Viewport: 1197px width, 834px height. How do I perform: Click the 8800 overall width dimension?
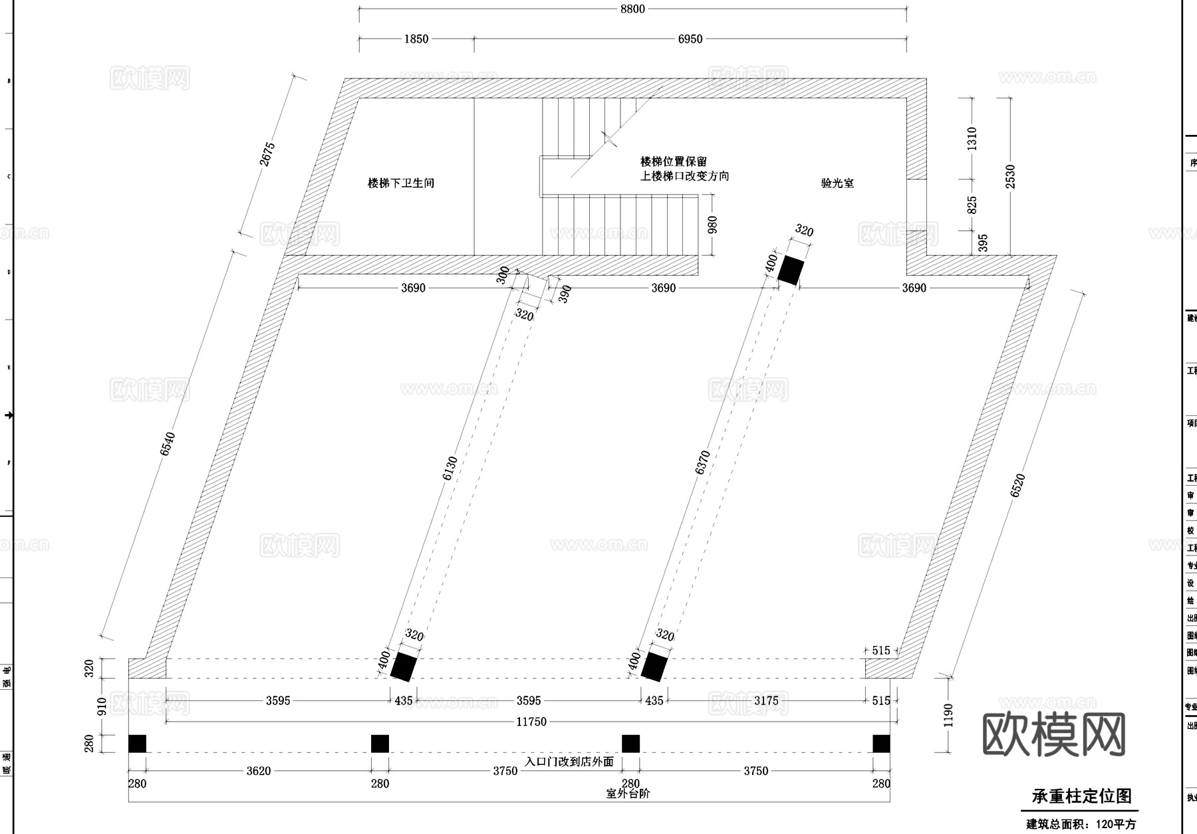632,9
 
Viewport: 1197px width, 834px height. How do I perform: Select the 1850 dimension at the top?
416,39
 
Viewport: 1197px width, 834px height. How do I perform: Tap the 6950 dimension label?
690,39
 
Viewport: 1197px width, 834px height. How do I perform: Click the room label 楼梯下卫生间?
401,183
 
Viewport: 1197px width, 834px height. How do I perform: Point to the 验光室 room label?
837,183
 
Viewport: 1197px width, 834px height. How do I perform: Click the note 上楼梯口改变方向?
684,176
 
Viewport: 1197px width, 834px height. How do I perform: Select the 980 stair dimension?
713,225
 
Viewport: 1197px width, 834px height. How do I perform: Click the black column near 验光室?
791,270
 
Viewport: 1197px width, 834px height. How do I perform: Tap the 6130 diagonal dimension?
450,469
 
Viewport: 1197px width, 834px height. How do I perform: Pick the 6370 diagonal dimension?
702,463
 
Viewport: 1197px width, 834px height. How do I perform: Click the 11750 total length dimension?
531,722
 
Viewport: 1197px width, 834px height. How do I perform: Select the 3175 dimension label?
766,700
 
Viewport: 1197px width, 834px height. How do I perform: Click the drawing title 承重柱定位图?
1081,796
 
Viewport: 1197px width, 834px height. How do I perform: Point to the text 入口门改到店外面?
569,762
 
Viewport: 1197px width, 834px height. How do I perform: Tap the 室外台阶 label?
628,793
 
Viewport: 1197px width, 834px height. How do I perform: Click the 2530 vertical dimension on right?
1010,177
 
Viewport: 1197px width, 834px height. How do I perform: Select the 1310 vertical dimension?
972,138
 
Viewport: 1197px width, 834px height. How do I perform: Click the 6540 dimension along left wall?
167,444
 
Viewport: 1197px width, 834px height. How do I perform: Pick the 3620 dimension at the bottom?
259,771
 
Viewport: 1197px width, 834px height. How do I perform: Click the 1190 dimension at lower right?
948,715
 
